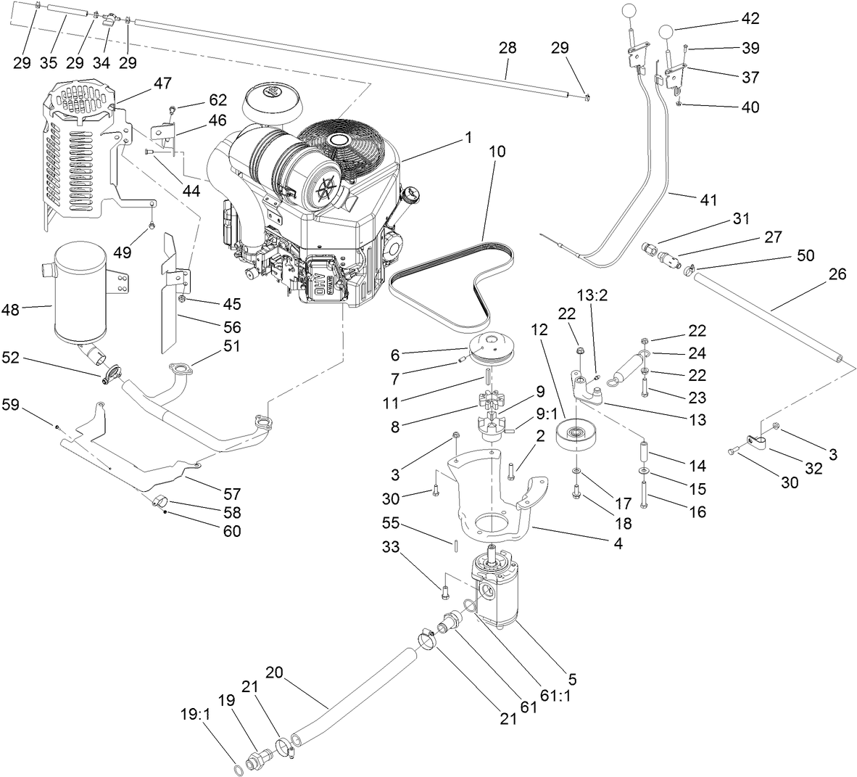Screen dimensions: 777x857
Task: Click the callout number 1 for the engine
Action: pos(468,136)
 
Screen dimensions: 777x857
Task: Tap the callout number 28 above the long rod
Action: pos(508,49)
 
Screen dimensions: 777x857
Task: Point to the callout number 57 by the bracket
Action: pos(231,494)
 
